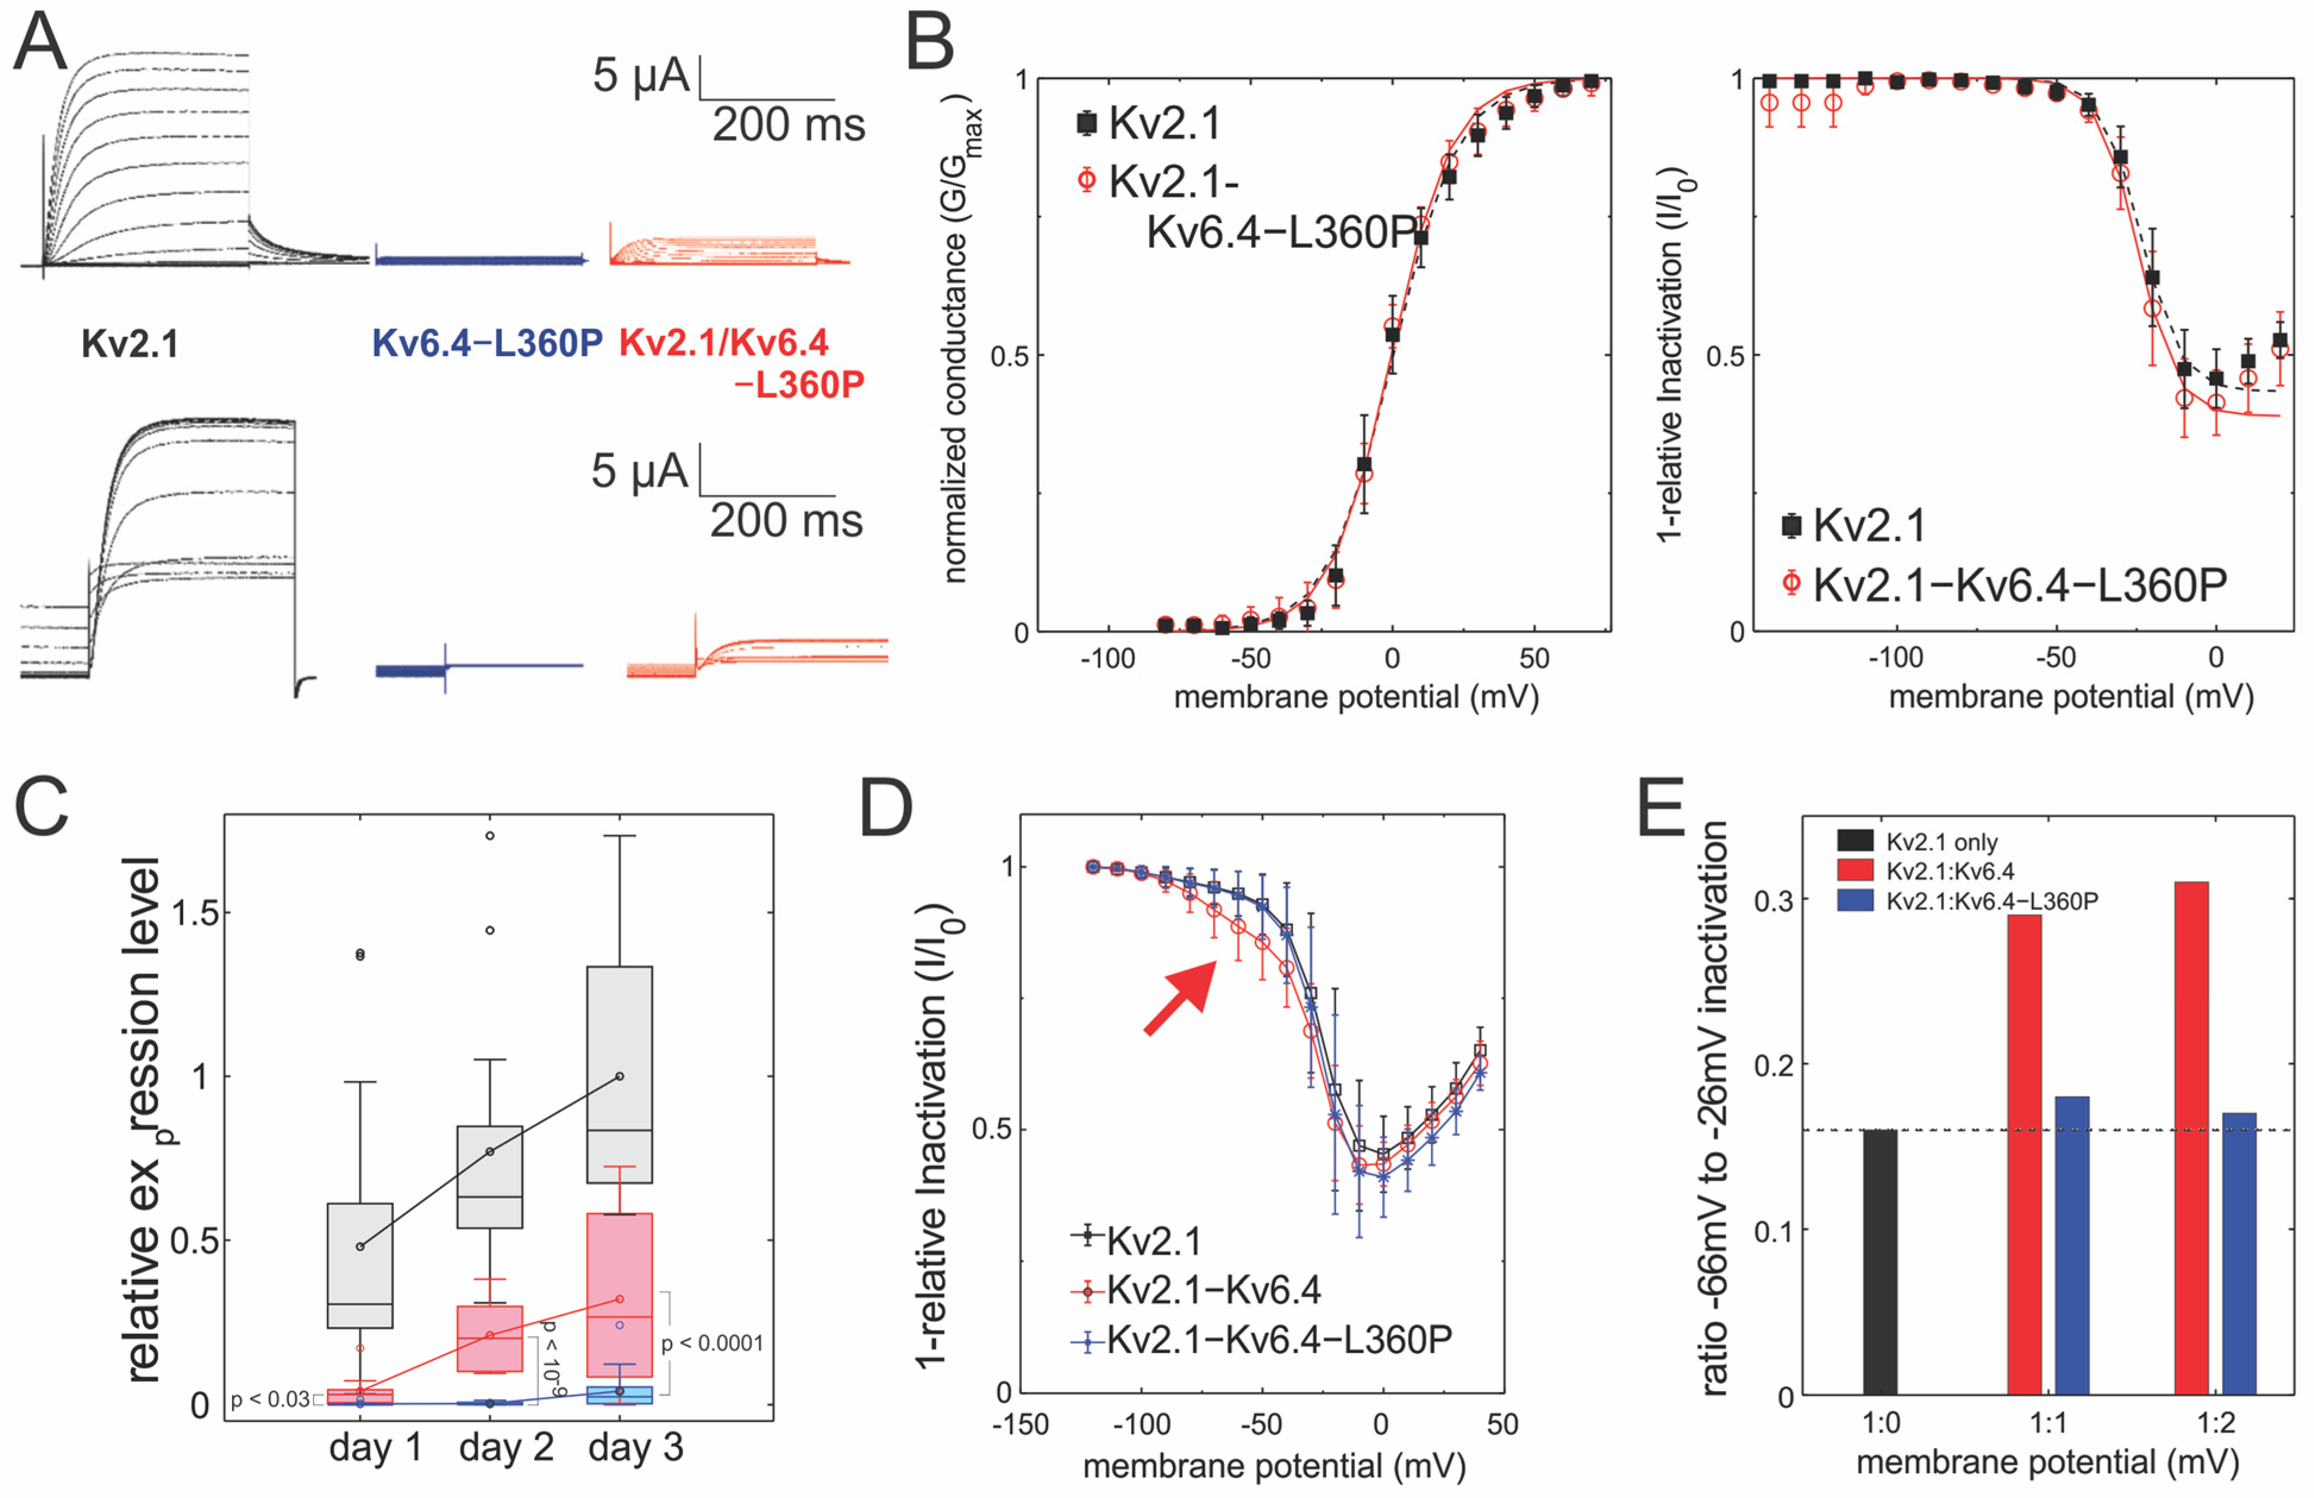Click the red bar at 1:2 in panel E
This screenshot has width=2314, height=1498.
(x=2191, y=1137)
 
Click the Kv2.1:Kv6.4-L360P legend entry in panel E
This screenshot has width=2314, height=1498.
(x=1990, y=901)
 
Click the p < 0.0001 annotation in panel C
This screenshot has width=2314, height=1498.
(x=712, y=1343)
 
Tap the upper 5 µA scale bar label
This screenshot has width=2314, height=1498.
(x=640, y=76)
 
